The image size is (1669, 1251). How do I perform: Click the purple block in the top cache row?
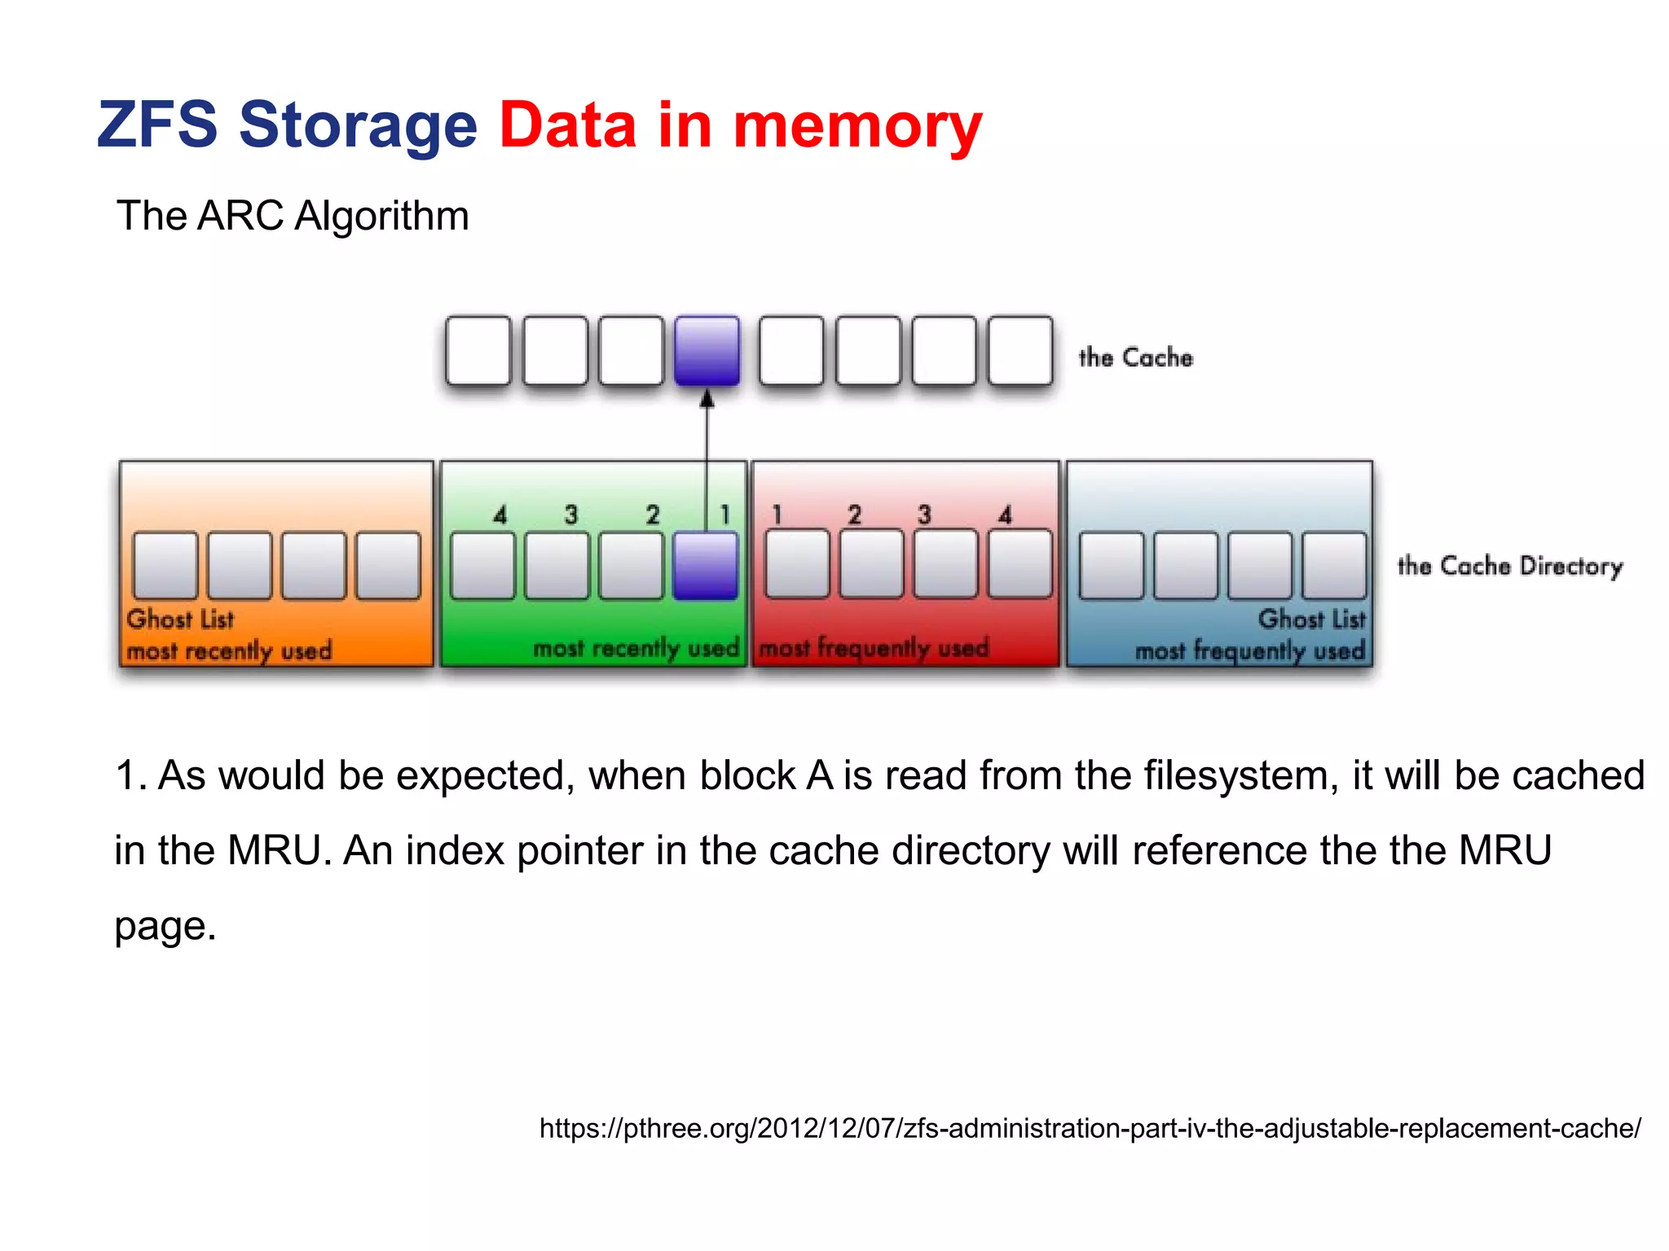[x=707, y=350]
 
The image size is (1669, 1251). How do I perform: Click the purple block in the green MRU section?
[x=706, y=565]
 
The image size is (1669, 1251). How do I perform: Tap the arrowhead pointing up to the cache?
[x=707, y=399]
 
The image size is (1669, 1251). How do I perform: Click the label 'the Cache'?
[x=1135, y=358]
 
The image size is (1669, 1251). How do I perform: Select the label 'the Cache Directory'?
[x=1509, y=565]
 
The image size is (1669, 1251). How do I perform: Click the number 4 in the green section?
[x=500, y=515]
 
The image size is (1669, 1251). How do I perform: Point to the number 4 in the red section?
[x=1005, y=515]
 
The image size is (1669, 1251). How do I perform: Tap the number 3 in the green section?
[x=571, y=515]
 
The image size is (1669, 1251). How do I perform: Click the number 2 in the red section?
[x=854, y=515]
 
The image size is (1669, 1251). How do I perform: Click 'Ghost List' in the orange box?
[x=180, y=619]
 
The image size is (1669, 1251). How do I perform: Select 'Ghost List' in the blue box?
[x=1310, y=619]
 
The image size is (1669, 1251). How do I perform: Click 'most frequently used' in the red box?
[x=874, y=648]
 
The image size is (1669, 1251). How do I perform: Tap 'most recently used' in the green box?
[x=636, y=648]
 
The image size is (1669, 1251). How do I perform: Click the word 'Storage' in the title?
[x=357, y=126]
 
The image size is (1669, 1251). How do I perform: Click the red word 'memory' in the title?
[x=857, y=126]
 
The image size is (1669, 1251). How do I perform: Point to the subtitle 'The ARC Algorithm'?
[x=293, y=216]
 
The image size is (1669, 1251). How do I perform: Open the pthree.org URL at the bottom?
[x=1090, y=1128]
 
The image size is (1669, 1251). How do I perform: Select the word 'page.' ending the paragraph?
[x=165, y=927]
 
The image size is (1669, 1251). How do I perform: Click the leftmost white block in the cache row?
[x=478, y=350]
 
